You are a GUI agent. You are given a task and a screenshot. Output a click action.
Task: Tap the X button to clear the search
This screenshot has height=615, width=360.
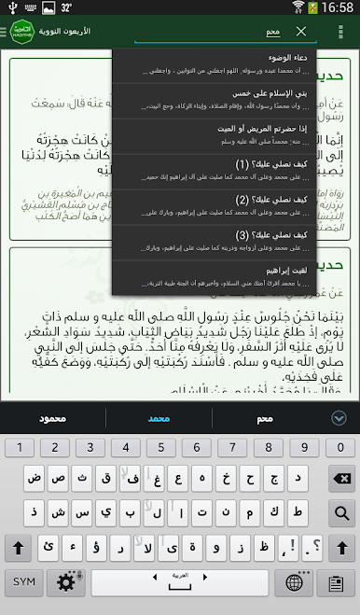pos(301,32)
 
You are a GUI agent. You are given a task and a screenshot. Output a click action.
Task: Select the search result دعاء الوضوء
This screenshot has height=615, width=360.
pos(214,63)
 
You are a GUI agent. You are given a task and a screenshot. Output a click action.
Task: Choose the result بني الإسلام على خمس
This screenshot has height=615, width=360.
pos(214,98)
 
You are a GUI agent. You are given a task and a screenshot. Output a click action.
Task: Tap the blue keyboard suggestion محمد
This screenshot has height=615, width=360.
pos(159,418)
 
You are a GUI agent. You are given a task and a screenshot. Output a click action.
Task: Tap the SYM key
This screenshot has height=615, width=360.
pos(24,580)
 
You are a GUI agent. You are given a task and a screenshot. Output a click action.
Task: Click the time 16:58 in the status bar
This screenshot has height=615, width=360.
pos(337,7)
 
